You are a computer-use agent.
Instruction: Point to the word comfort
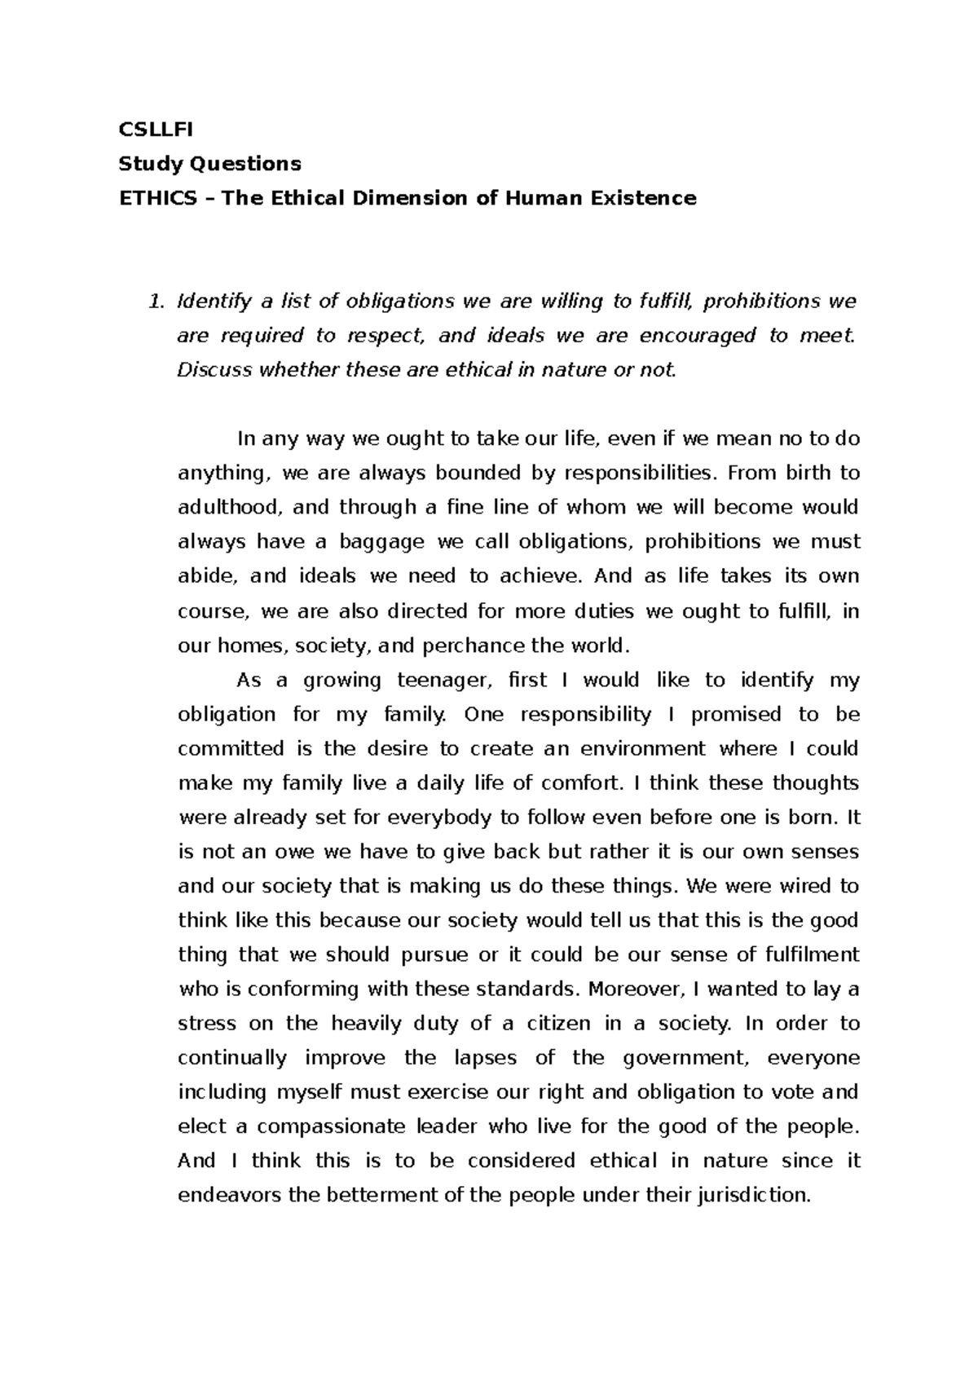coord(580,783)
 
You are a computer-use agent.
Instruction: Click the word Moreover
coord(634,989)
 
